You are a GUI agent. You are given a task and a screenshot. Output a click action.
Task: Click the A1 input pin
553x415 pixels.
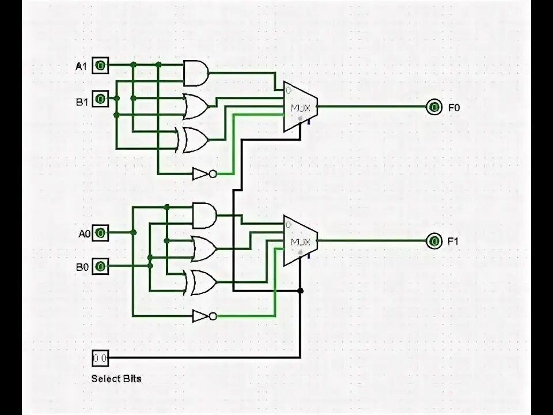100,66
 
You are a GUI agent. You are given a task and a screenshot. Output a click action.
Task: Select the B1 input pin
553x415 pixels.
100,99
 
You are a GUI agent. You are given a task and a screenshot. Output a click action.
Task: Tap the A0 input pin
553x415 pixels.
100,233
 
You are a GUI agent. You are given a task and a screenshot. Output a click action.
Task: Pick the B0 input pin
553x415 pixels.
100,266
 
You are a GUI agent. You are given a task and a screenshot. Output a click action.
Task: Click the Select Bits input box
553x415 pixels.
100,358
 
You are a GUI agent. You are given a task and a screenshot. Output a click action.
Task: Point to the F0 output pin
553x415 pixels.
433,107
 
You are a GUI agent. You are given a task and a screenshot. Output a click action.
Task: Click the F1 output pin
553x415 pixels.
433,241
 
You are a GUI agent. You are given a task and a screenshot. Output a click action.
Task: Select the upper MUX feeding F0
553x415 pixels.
300,107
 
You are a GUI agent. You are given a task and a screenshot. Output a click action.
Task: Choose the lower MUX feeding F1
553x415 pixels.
300,241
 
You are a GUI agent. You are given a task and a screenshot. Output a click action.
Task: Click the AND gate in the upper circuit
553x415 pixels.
195,73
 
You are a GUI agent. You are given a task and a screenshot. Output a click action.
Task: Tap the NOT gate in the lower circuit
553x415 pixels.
204,316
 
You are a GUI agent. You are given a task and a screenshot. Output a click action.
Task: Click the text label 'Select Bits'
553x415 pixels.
116,379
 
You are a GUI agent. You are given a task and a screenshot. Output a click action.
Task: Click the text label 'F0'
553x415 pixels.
454,107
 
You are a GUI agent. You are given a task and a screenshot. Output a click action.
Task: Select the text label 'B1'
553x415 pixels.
81,102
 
